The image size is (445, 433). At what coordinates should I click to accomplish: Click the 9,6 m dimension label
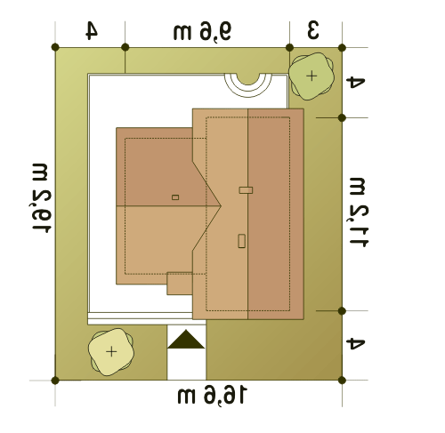(202, 31)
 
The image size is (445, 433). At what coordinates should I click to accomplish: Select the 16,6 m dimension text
(212, 395)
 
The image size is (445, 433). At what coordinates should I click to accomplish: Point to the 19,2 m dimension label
(41, 198)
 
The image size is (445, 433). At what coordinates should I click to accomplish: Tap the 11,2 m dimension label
(359, 212)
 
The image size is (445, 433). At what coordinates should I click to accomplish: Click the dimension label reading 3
(313, 30)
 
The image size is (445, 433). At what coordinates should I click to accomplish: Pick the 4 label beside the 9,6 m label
(92, 31)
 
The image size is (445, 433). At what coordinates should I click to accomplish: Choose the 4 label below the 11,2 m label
(355, 344)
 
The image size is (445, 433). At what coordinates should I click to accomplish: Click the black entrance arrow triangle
(186, 340)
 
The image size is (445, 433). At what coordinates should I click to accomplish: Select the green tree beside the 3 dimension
(311, 76)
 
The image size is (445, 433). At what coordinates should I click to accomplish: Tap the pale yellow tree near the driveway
(111, 352)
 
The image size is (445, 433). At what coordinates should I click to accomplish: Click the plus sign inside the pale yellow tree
(111, 352)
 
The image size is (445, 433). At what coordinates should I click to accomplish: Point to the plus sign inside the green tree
(311, 76)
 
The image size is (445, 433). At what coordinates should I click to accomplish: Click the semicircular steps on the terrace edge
(248, 84)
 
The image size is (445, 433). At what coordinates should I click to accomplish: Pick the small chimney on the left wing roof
(175, 197)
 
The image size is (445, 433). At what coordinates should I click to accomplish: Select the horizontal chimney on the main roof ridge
(246, 190)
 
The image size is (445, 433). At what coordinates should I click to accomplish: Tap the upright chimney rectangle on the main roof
(242, 241)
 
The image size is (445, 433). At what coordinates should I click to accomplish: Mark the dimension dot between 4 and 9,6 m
(125, 47)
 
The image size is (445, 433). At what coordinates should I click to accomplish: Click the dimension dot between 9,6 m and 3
(289, 47)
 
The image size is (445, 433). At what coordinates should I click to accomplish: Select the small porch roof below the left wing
(180, 284)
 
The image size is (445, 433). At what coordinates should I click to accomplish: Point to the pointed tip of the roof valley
(221, 205)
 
